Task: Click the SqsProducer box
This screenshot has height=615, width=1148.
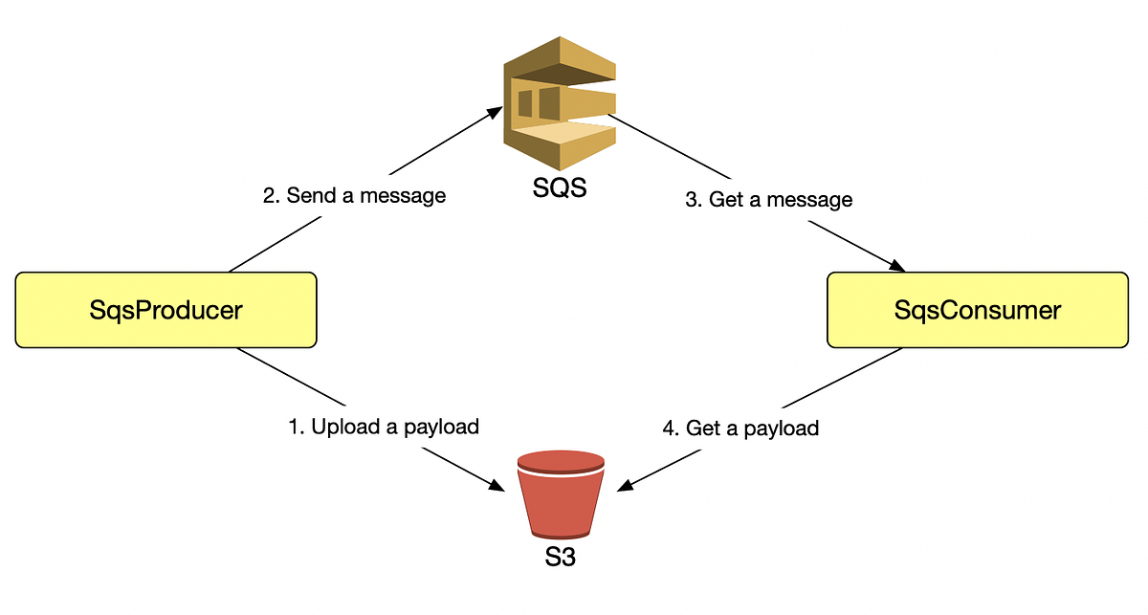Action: tap(166, 310)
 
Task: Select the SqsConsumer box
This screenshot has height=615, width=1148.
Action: tap(977, 310)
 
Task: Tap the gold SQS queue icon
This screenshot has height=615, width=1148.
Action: tap(559, 106)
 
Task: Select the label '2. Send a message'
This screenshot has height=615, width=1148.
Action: tap(354, 196)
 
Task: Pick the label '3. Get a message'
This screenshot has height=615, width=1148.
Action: tap(768, 200)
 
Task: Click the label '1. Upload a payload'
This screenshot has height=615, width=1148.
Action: tap(383, 427)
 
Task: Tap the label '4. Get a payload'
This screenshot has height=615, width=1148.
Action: tap(740, 428)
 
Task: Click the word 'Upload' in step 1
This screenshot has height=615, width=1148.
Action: tap(343, 427)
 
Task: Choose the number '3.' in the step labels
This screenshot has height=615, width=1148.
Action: tap(694, 200)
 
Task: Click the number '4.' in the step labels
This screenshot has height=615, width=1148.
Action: tap(671, 428)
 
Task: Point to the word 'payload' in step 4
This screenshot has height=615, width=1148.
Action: tap(784, 428)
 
